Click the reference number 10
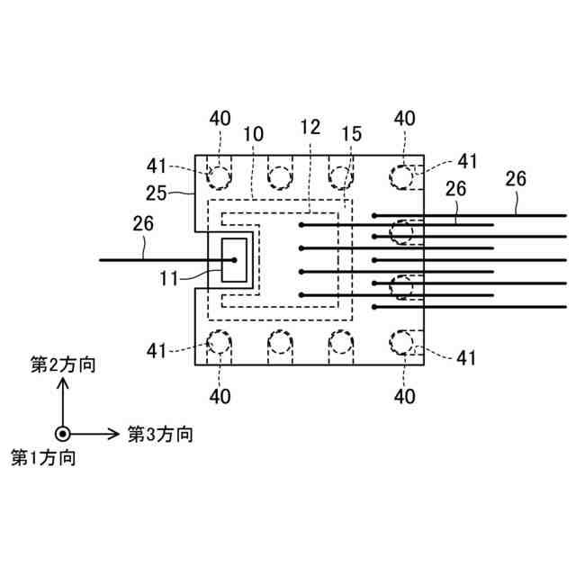click(253, 133)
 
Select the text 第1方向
click(42, 457)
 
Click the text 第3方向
click(159, 434)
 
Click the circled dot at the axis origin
click(63, 433)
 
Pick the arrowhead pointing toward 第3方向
click(113, 433)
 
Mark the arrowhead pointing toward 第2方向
click(63, 383)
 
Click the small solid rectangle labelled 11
click(234, 261)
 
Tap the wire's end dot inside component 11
click(234, 261)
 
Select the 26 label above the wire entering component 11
click(142, 222)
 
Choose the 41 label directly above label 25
click(158, 166)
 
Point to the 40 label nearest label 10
click(220, 118)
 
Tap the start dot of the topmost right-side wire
click(374, 215)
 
